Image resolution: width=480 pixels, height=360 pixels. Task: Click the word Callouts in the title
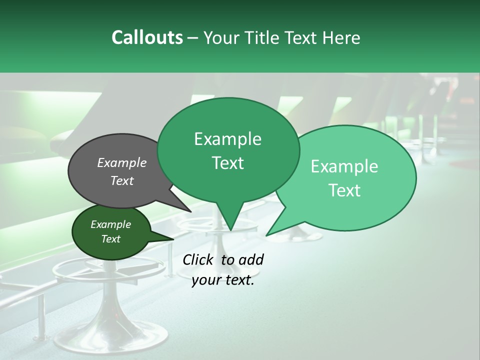[x=147, y=37]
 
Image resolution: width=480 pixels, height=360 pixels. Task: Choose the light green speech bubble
[x=380, y=200]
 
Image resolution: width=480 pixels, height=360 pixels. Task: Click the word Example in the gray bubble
[x=122, y=163]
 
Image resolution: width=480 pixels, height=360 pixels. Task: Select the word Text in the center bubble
[x=228, y=163]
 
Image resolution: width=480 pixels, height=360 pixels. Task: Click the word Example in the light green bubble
[x=344, y=166]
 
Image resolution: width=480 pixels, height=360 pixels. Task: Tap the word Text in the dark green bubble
[x=111, y=239]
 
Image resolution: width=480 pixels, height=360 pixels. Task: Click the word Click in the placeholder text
[x=199, y=259]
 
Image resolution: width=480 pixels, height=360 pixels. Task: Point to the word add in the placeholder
[x=251, y=259]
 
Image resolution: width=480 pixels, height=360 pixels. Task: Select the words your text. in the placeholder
[x=223, y=280]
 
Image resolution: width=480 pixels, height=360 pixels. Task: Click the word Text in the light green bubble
[x=345, y=190]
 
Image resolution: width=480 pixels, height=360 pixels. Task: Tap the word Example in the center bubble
[x=228, y=139]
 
